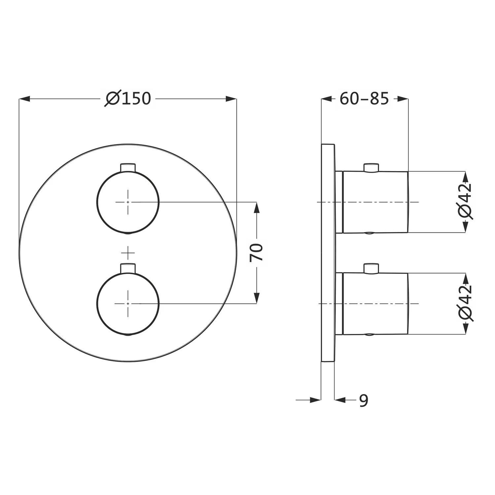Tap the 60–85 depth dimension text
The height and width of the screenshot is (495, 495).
tap(364, 98)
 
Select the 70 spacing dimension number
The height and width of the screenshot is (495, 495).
tap(257, 252)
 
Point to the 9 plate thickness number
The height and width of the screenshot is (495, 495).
tap(363, 400)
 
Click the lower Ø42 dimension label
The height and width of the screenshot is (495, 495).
tap(466, 303)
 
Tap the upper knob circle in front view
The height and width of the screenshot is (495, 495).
tap(128, 202)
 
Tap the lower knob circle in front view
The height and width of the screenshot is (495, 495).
tap(128, 303)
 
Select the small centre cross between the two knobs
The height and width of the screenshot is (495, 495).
tap(128, 253)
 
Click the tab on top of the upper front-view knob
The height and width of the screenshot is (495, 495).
tap(128, 167)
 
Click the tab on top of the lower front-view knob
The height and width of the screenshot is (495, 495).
tap(128, 268)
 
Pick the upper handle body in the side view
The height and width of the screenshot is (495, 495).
tap(376, 202)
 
